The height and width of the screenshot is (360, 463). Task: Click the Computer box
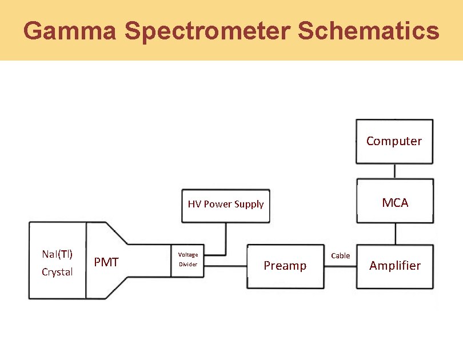point(394,141)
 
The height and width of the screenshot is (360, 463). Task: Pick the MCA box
point(395,202)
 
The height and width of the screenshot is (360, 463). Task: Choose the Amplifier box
point(395,266)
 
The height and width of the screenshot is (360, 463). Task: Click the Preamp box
point(285,266)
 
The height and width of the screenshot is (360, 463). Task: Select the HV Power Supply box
point(226,205)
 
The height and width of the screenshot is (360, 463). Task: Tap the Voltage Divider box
point(187,260)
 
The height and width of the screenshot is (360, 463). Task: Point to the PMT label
point(106,262)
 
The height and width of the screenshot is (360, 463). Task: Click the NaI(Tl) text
point(57,254)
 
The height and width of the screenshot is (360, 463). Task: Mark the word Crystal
point(57,272)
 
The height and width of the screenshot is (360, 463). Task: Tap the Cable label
point(341,255)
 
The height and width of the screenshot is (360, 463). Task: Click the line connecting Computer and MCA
point(395,171)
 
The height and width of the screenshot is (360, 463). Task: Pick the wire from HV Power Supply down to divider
point(226,238)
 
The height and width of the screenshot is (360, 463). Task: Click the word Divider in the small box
point(187,265)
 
